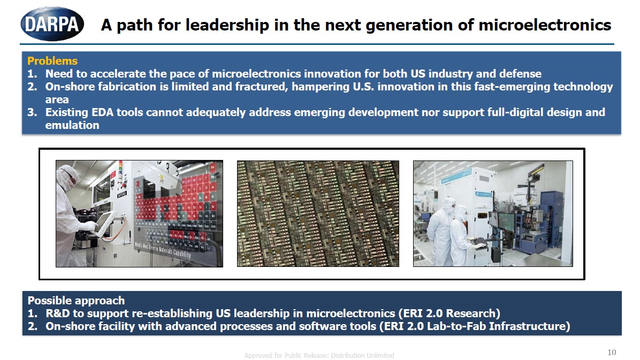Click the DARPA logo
coord(52,24)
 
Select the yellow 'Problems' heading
coord(52,61)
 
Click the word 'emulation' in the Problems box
coord(72,125)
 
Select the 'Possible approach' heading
coord(76,300)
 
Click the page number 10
coord(612,352)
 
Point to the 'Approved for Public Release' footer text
coord(319,355)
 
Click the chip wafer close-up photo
coord(318,213)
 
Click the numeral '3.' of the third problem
coord(32,112)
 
